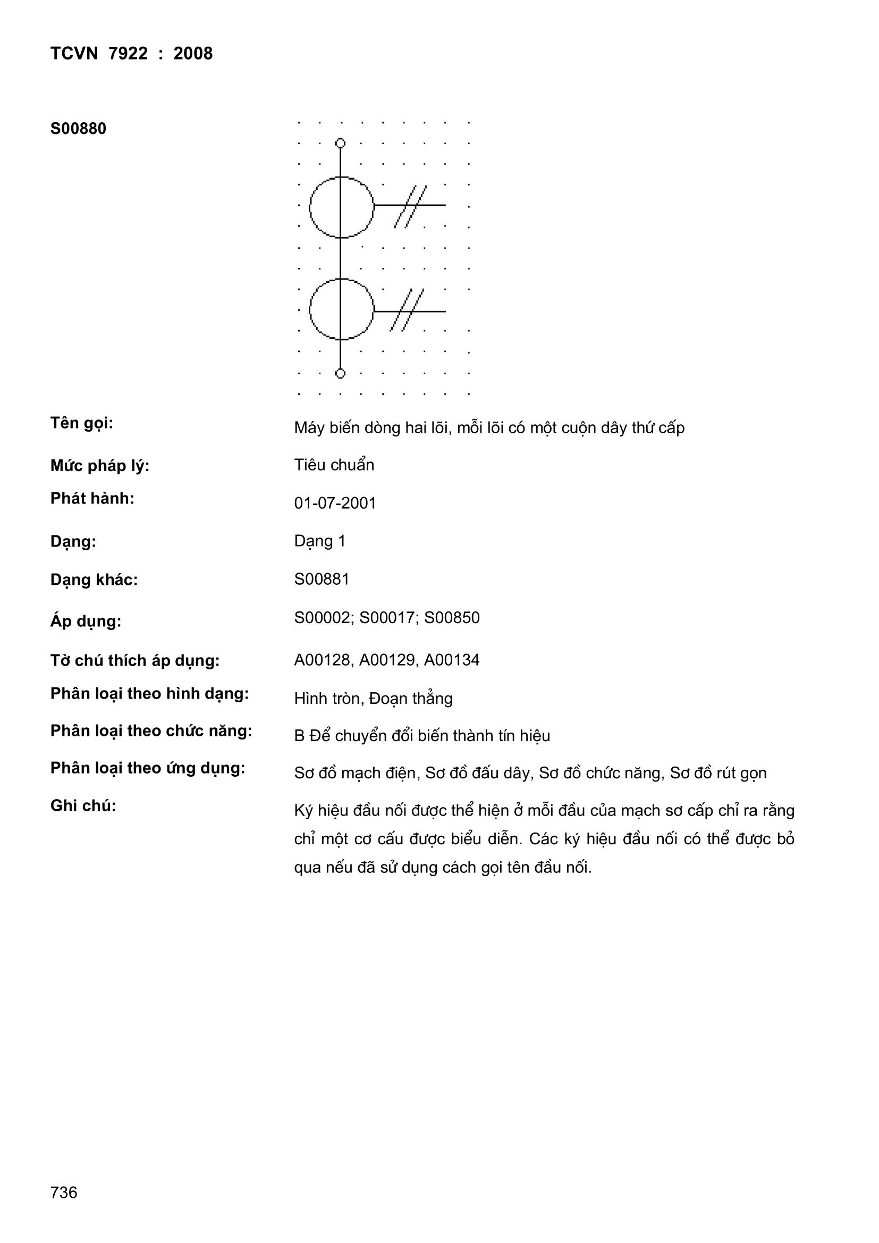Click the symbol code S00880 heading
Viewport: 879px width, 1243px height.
pos(78,129)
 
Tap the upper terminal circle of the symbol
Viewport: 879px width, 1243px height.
pos(340,143)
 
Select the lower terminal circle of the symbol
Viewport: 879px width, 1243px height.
pos(340,374)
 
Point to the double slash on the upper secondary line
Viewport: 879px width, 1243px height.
pos(410,206)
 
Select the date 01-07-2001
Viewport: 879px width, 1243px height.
pos(335,503)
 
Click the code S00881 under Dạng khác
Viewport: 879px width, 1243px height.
pos(322,579)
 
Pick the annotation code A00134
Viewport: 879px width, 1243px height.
pos(451,660)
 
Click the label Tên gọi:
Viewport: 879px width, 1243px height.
pos(82,423)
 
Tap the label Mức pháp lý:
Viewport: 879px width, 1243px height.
pos(99,466)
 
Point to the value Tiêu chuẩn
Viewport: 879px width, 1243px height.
pos(334,465)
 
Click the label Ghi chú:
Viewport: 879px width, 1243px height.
pos(83,805)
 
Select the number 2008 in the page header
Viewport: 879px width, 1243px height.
pos(193,54)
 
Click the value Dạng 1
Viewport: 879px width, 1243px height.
pos(319,541)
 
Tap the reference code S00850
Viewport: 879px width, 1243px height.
pos(451,618)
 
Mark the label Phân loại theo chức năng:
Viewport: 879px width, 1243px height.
pos(151,731)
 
